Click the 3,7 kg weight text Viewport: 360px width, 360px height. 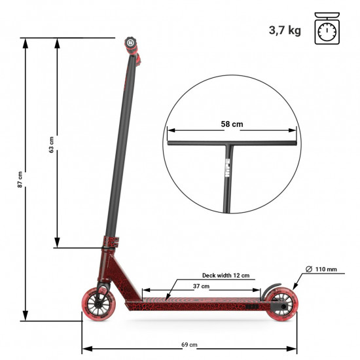point(285,30)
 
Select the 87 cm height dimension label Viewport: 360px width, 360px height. point(20,179)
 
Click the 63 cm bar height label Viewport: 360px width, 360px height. point(52,145)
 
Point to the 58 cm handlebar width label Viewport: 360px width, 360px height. point(233,124)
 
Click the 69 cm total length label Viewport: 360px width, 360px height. point(189,344)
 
